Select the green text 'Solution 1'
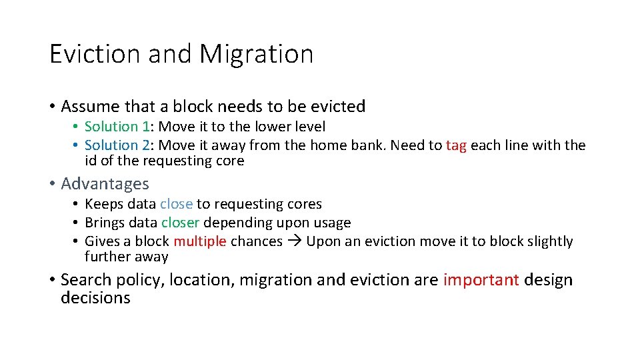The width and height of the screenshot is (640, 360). pos(117,127)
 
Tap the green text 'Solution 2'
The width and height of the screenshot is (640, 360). pos(117,145)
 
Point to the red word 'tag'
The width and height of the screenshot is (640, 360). pos(456,145)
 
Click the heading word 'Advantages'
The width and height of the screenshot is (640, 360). pos(105,183)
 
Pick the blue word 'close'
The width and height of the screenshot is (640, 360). pos(176,204)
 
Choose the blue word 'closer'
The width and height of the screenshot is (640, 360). pos(179,222)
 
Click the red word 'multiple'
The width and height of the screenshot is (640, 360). pos(200,241)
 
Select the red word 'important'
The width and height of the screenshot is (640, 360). pos(481,280)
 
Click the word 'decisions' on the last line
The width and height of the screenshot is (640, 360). pos(95,297)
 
